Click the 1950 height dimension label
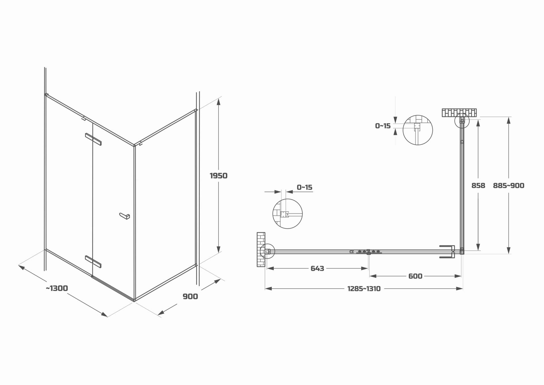tap(218, 176)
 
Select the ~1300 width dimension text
tap(57, 288)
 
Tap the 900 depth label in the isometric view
tap(190, 297)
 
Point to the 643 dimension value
tap(317, 268)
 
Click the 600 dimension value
tap(415, 276)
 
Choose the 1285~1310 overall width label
tap(364, 289)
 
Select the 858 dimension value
tap(478, 186)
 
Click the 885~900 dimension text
tap(509, 186)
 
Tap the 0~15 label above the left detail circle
tap(304, 187)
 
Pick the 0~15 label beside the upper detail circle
tap(382, 126)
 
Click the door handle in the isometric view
tap(124, 216)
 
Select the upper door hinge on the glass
tap(93, 139)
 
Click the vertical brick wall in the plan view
tap(261, 249)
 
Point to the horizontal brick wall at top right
tap(459, 113)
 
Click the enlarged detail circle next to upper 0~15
tap(418, 130)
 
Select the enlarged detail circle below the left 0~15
tap(287, 213)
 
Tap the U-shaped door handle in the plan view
tap(447, 252)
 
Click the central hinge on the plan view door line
tap(368, 252)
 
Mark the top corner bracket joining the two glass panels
tap(138, 144)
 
